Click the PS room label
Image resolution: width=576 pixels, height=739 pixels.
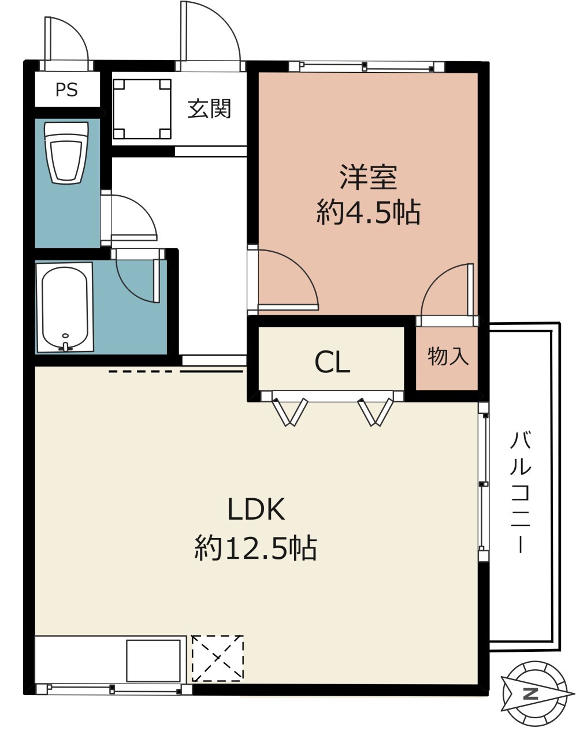(66, 90)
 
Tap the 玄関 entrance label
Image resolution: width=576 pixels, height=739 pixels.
(209, 109)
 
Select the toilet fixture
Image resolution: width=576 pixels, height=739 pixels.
(66, 152)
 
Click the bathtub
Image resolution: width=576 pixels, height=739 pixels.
(65, 308)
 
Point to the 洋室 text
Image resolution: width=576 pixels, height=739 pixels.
(369, 177)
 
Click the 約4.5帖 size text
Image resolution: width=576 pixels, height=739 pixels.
(369, 212)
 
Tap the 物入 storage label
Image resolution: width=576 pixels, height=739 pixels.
(448, 356)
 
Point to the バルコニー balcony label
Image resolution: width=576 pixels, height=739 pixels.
(521, 492)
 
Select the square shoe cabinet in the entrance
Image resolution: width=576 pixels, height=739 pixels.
(142, 109)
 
